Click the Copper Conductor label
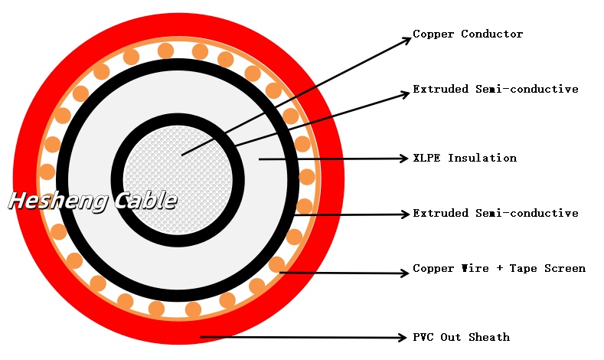468,34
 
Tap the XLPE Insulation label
465,158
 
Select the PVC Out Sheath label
461,337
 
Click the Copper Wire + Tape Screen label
499,268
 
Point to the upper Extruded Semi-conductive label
495,89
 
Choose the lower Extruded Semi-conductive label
495,212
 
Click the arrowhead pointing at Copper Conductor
406,40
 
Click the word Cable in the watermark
145,201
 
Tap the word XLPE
426,158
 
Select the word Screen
566,268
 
